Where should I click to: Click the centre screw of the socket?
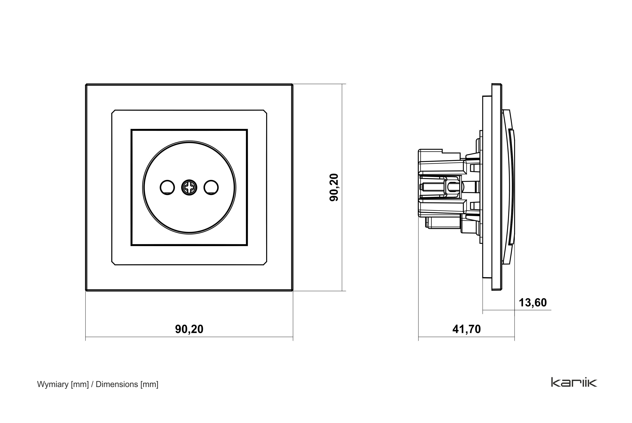click(189, 187)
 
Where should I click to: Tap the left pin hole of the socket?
click(167, 187)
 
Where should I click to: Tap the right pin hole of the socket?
click(211, 187)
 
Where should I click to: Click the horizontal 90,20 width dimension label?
click(189, 329)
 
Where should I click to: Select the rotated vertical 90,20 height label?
click(334, 187)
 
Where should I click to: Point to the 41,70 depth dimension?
click(467, 329)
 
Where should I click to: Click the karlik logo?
click(574, 383)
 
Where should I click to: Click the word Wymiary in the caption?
click(53, 385)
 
